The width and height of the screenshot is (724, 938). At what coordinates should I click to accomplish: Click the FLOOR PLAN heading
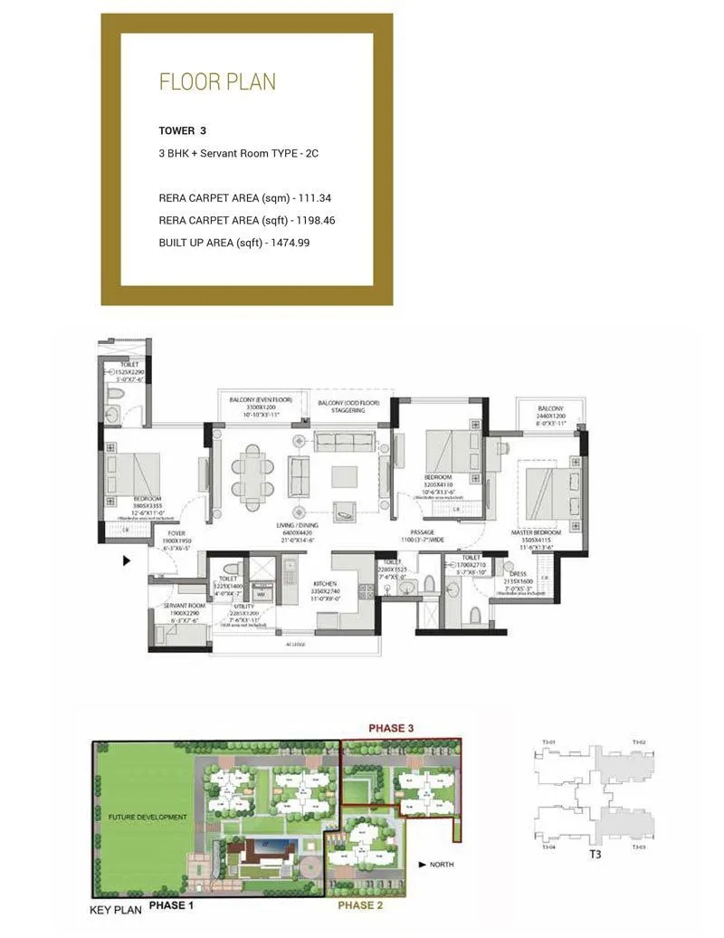pos(217,82)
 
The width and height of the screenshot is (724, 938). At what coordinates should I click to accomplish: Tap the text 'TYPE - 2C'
pos(298,154)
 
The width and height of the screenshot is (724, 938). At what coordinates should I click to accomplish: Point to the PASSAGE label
pos(423,532)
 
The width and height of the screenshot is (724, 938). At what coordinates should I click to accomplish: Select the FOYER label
pos(175,534)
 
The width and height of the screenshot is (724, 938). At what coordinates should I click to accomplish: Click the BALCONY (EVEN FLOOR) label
pos(253,401)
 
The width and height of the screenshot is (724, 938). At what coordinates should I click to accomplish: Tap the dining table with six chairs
pos(252,471)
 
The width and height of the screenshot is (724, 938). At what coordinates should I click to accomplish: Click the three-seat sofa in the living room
pos(344,442)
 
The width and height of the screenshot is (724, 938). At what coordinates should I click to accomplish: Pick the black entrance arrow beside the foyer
pos(127,561)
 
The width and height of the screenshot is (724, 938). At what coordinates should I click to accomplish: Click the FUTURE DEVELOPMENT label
pos(147,818)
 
